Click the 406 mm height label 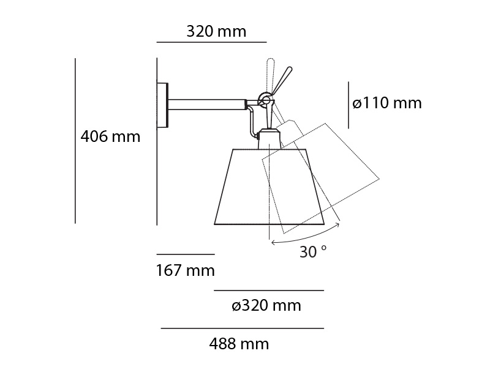(x=110, y=136)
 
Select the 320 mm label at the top (x=216, y=31)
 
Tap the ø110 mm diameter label (x=387, y=103)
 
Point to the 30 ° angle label (x=313, y=251)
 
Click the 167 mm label (x=186, y=270)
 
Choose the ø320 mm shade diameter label (x=266, y=305)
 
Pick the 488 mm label (x=239, y=344)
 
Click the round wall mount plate (x=162, y=105)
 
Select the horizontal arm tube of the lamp (x=207, y=105)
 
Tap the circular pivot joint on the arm (x=265, y=100)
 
